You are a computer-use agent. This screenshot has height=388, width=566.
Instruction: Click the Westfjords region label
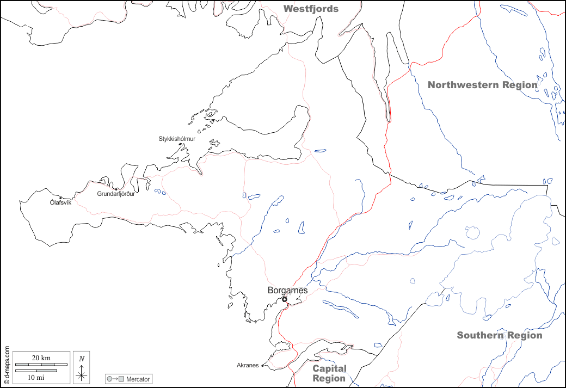pos(311,9)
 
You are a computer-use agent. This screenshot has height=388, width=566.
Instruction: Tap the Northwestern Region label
pos(482,85)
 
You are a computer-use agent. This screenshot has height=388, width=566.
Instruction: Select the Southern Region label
pos(499,335)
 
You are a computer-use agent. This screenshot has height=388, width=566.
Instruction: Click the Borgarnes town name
pos(287,290)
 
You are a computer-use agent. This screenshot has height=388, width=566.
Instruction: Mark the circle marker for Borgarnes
pos(284,299)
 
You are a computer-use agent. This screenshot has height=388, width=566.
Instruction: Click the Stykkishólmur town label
pos(177,139)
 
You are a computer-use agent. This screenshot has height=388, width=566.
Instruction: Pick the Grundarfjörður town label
pos(115,194)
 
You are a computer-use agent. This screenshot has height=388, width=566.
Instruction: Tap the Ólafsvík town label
pos(60,202)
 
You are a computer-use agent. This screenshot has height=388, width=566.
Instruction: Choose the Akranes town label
pos(248,365)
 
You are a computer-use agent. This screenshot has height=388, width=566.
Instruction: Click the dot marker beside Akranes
pos(262,366)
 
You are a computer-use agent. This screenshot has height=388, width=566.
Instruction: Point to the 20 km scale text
pos(41,358)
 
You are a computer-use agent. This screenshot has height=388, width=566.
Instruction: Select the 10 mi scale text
pos(36,377)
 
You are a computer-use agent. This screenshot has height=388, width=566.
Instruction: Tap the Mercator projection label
pos(138,379)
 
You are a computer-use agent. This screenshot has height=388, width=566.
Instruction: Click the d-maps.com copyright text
pos(7,365)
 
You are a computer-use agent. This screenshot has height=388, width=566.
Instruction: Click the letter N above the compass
pos(81,359)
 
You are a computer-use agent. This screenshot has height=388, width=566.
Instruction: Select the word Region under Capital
pos(329,378)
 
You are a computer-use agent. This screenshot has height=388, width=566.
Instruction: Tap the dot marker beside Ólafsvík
pos(60,198)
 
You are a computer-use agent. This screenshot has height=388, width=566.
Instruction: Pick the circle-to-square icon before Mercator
pos(116,379)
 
